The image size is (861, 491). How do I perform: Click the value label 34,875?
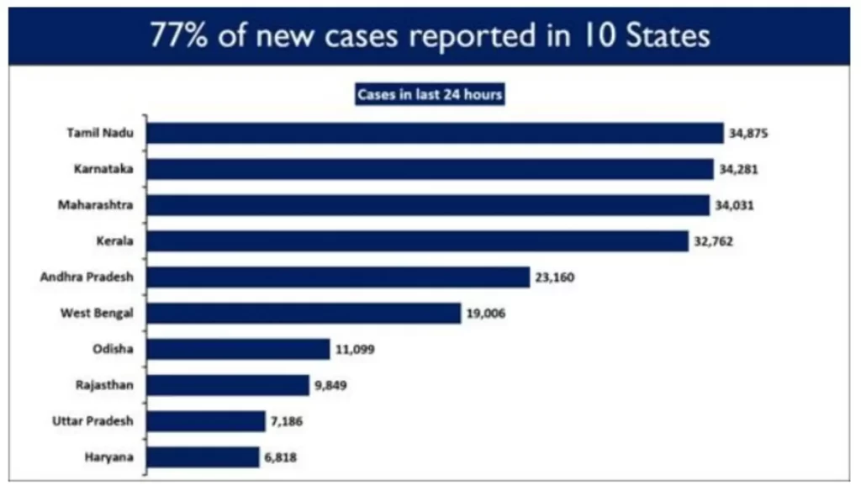point(750,134)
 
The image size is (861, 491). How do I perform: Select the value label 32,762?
point(715,241)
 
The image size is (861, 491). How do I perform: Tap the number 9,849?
point(330,385)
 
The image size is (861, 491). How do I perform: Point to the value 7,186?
point(286,421)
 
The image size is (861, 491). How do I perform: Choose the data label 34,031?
point(736,205)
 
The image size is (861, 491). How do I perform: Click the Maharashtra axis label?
point(98,205)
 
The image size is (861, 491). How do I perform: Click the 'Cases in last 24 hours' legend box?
point(430,95)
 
